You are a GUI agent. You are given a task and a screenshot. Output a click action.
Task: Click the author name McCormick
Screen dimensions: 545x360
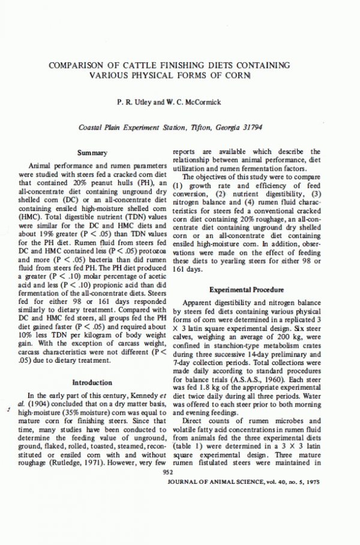point(200,102)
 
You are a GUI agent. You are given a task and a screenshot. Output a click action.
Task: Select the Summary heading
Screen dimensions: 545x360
point(92,153)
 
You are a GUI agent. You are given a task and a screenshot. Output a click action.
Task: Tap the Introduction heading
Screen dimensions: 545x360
point(92,382)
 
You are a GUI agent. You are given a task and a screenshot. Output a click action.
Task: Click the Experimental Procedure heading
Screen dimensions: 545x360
point(246,289)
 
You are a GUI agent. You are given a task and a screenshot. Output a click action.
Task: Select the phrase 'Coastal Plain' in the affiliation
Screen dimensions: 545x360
point(100,128)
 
